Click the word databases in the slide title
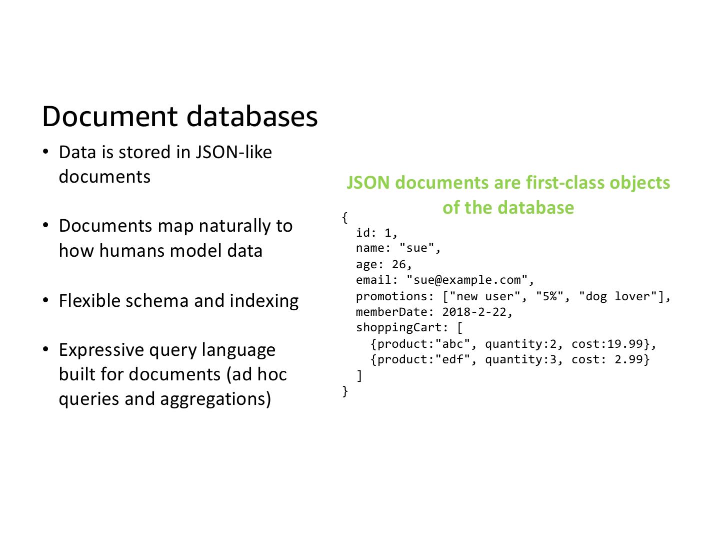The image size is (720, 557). coord(252,116)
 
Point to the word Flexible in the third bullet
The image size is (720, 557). coord(89,301)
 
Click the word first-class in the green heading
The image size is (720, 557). coord(565,183)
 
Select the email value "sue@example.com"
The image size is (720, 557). coord(470,280)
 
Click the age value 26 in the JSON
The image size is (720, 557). coord(399,264)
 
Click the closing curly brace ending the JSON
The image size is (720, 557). coord(345,391)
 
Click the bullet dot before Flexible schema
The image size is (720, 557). coord(45,301)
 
